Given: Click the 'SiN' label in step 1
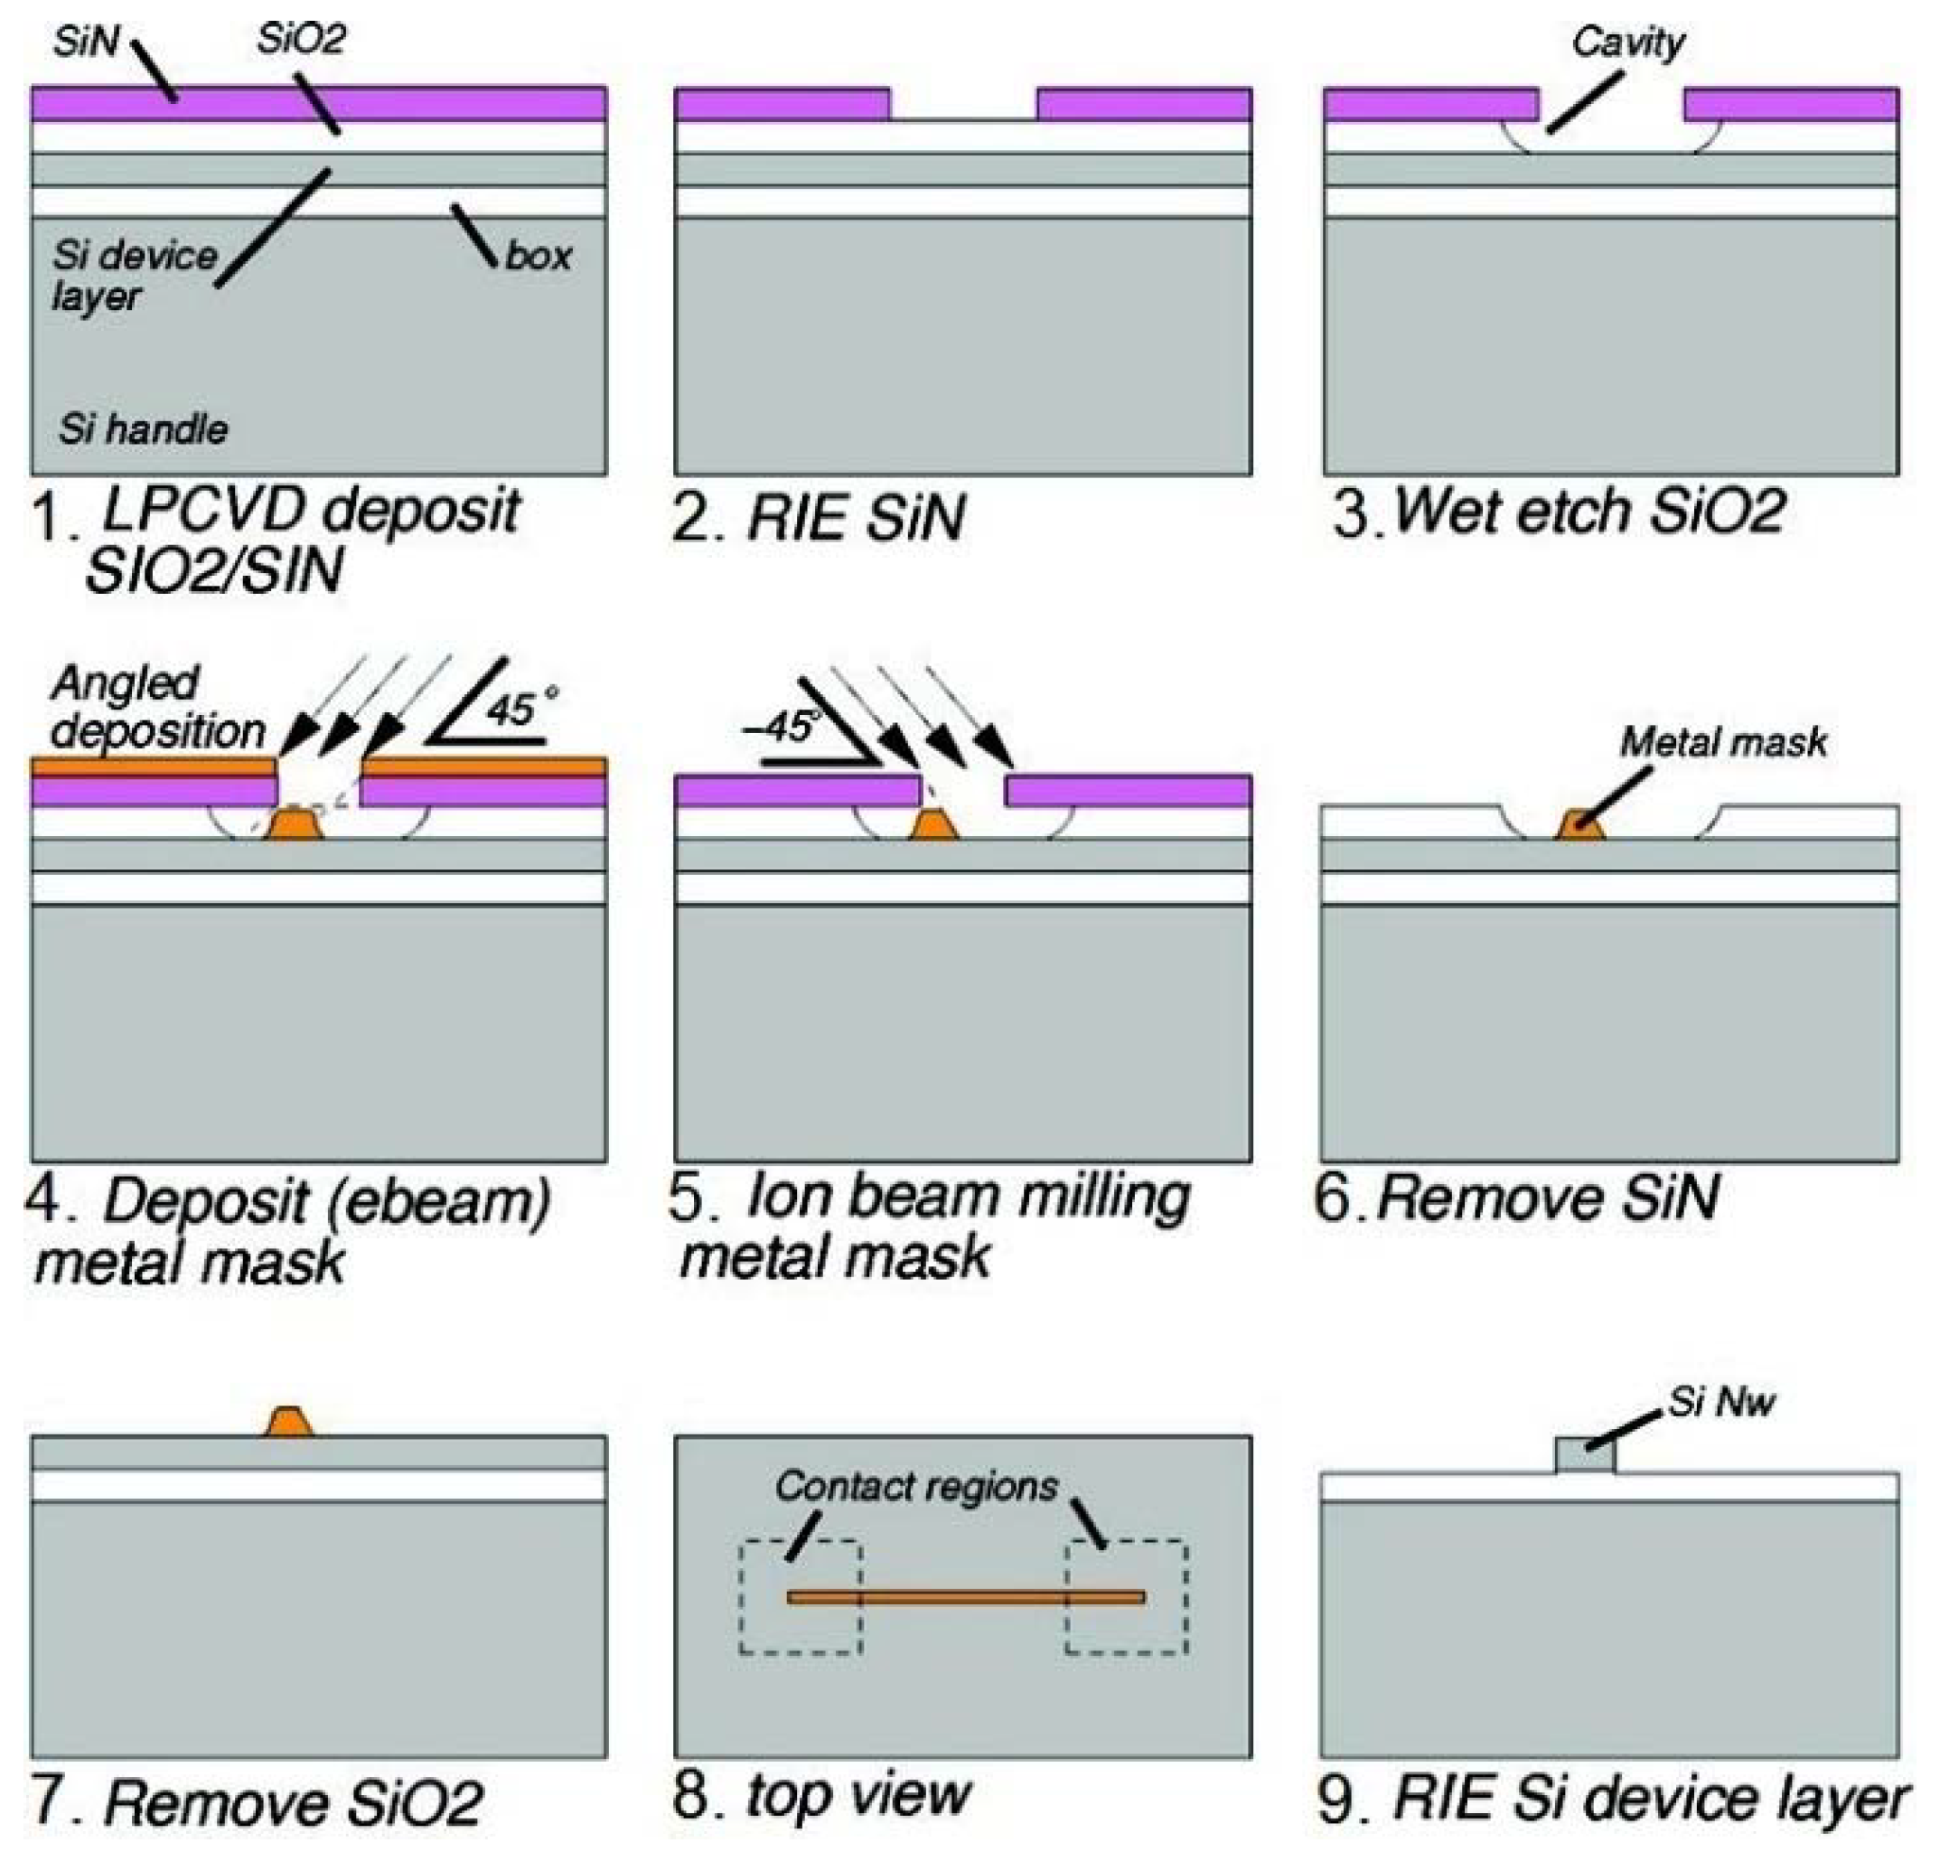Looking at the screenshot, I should (x=86, y=42).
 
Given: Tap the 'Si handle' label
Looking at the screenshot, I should (x=143, y=429).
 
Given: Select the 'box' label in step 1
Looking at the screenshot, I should (x=538, y=257).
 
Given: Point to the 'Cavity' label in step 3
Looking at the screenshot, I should (x=1627, y=42).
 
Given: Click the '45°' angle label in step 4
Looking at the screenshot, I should (x=519, y=709).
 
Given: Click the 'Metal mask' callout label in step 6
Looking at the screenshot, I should (x=1723, y=742).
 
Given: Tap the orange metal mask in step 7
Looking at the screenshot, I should (x=287, y=1423).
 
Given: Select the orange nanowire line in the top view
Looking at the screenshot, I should (x=965, y=1597).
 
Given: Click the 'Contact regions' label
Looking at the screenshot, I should (x=915, y=1486).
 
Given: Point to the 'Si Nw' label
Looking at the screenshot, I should (x=1721, y=1401).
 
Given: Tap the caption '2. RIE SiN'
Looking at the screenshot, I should (x=817, y=516).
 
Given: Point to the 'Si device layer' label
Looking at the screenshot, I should (x=133, y=276).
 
